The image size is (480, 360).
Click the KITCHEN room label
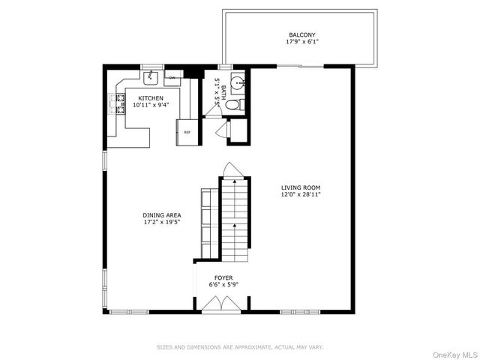[x=151, y=97]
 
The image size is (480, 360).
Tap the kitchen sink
[x=151, y=76]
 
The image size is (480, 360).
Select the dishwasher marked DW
[x=172, y=77]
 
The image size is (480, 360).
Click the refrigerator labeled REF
[x=187, y=132]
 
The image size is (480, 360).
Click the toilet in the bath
[x=233, y=104]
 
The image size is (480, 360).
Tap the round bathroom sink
[x=237, y=84]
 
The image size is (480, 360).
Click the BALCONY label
[x=302, y=34]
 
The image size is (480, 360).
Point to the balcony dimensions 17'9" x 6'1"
[x=302, y=42]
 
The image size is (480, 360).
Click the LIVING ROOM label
[x=301, y=188]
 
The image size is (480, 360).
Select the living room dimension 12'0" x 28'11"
[x=301, y=196]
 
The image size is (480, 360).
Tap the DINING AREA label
[x=162, y=215]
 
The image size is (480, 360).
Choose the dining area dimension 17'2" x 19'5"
[x=162, y=223]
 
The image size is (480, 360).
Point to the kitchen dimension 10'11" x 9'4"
[x=151, y=105]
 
